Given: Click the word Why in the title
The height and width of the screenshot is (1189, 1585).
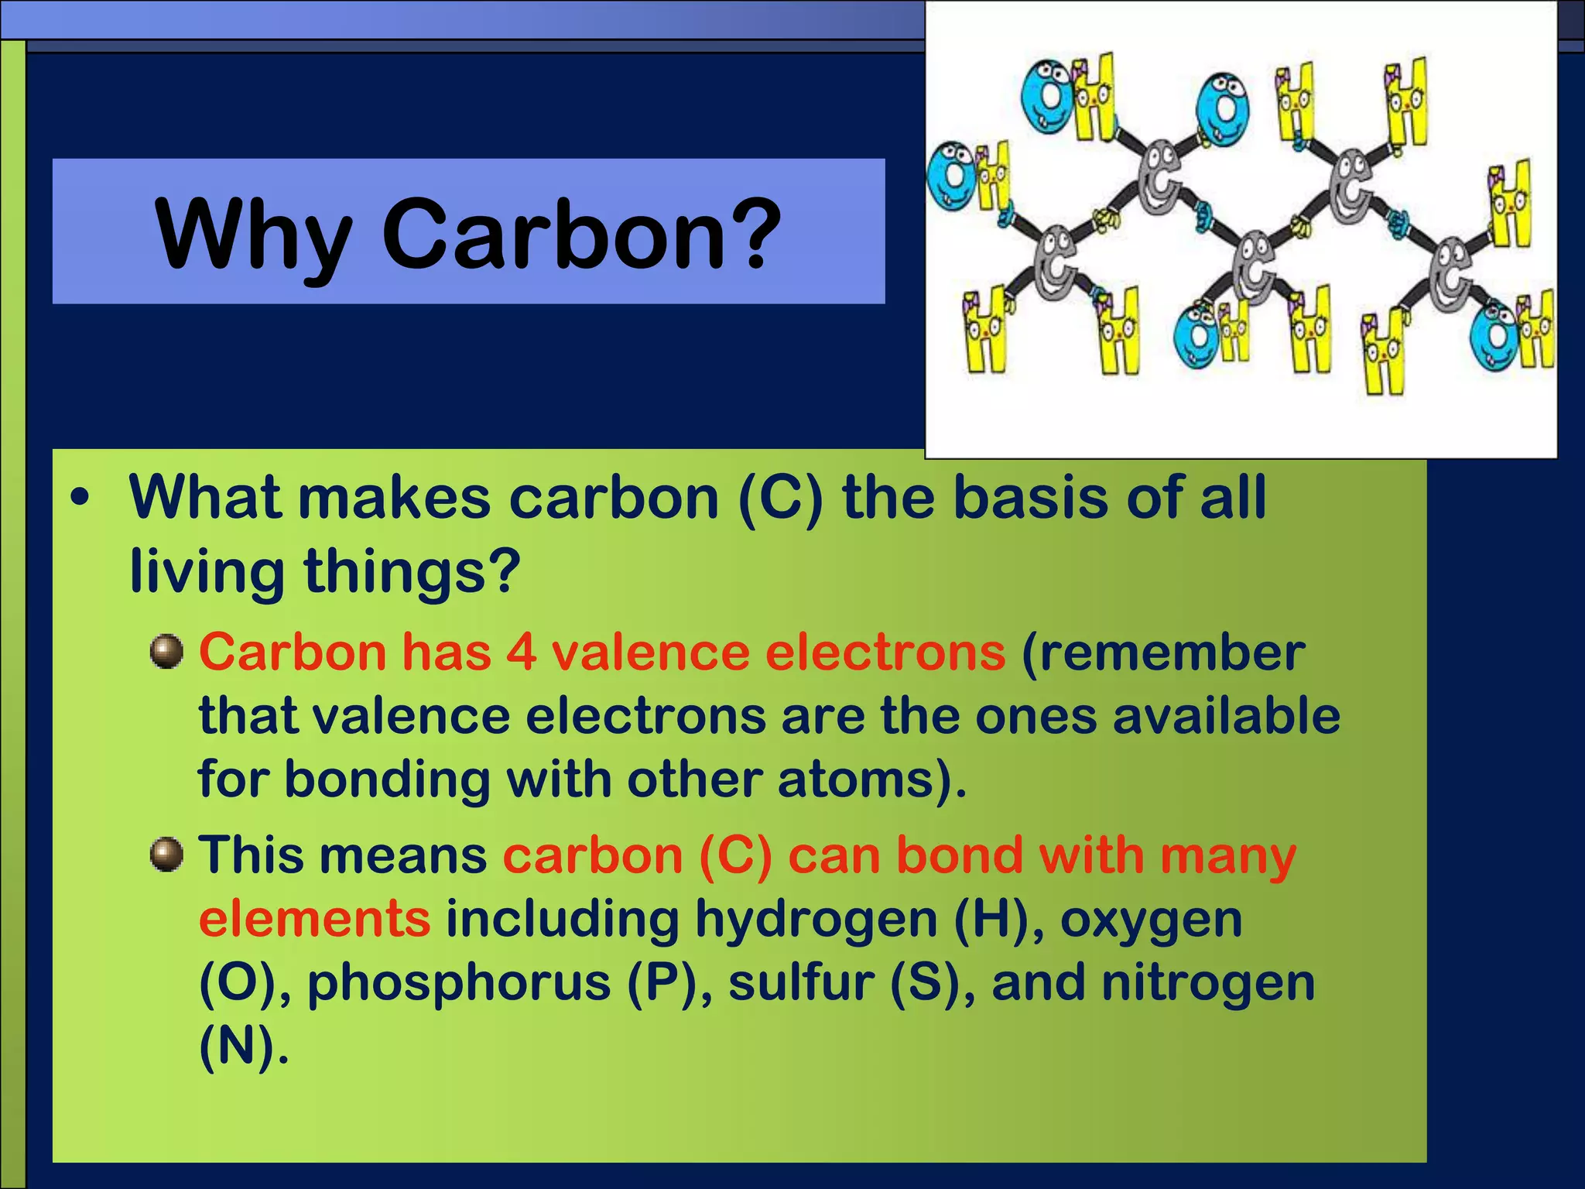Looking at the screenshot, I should (x=254, y=235).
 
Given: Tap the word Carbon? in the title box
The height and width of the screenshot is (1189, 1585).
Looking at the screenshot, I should (x=582, y=235).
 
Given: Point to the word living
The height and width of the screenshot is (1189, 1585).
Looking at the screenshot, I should (x=207, y=571).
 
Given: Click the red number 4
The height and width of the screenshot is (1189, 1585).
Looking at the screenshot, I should (x=522, y=652).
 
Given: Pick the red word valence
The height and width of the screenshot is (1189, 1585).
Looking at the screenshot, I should (x=650, y=652).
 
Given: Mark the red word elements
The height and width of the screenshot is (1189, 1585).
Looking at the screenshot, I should (x=314, y=919).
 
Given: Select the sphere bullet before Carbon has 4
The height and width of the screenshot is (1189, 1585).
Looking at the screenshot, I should (x=166, y=652).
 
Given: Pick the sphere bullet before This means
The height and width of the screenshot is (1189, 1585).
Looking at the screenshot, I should (x=166, y=855).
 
